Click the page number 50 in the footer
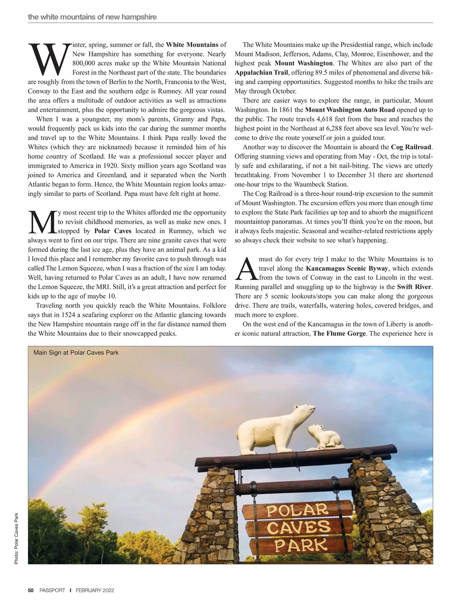click(31, 590)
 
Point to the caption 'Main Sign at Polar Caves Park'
click(76, 352)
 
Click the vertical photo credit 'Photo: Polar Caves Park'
click(17, 539)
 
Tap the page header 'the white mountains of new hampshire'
click(92, 17)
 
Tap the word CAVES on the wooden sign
click(298, 527)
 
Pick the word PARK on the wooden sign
click(298, 544)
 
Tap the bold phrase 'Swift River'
click(414, 286)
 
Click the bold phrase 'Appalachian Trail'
click(261, 72)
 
